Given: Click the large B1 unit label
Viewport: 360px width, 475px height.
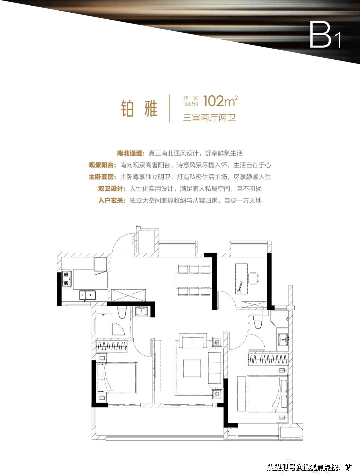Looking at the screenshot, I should (x=325, y=35).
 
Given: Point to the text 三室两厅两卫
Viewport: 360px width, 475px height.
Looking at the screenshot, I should (x=209, y=118).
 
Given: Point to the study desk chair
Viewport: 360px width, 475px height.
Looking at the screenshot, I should (x=254, y=278).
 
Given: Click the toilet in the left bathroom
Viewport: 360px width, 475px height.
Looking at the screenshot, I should (x=122, y=313).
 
